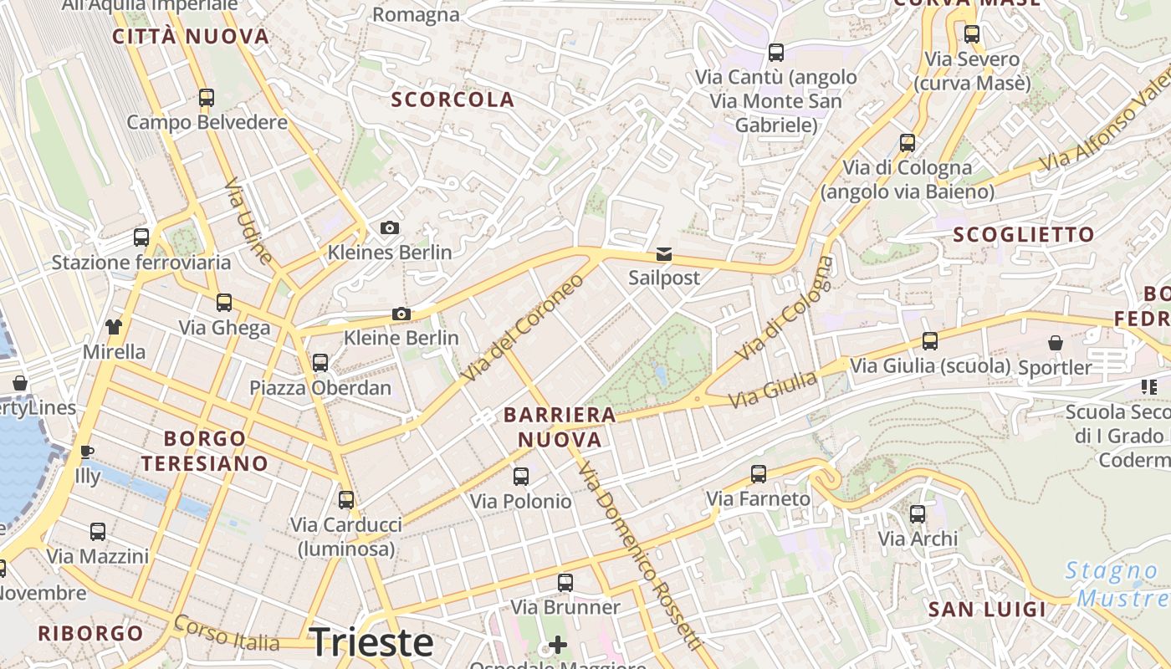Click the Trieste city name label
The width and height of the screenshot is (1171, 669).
[371, 642]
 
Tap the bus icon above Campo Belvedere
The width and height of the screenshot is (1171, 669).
[207, 98]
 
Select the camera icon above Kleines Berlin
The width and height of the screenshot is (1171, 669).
[389, 227]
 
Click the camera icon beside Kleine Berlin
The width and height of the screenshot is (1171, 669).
[401, 314]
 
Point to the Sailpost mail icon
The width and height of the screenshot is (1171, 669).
[663, 254]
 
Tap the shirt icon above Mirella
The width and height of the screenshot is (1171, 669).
[114, 326]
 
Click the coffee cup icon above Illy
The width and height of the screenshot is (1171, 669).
[86, 452]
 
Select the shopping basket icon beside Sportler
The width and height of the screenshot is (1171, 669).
[1056, 343]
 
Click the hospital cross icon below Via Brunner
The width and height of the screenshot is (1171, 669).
[557, 645]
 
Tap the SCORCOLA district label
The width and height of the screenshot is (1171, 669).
[453, 100]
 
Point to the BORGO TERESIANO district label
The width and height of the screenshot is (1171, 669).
[204, 451]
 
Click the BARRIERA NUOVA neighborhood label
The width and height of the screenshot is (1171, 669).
[560, 426]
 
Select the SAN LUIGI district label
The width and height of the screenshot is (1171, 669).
[987, 610]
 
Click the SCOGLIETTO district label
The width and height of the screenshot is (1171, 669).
[1024, 234]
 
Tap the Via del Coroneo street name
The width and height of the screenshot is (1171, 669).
[522, 329]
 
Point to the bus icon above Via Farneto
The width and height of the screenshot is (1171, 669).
[759, 474]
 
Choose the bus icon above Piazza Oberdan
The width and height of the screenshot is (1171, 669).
[320, 362]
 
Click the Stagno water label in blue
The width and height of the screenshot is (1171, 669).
[1111, 572]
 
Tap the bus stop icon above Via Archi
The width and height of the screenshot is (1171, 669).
[918, 513]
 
